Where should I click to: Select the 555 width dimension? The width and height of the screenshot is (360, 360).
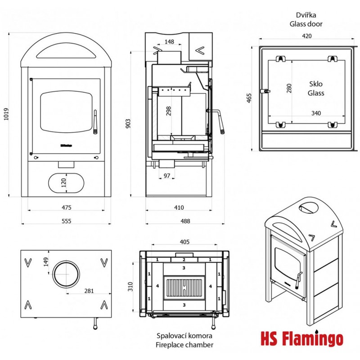pyautogui.click(x=67, y=221)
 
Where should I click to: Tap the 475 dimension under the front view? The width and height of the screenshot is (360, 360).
pyautogui.click(x=67, y=207)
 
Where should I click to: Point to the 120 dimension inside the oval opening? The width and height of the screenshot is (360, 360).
pyautogui.click(x=64, y=182)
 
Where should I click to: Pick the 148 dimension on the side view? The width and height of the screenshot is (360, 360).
pyautogui.click(x=169, y=42)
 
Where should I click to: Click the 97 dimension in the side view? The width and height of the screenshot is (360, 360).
pyautogui.click(x=167, y=175)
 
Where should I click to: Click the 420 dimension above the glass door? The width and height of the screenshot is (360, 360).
pyautogui.click(x=307, y=36)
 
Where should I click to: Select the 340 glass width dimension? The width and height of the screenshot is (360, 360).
pyautogui.click(x=316, y=113)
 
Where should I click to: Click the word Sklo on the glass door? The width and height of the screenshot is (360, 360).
pyautogui.click(x=316, y=84)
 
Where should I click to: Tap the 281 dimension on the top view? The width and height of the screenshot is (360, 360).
pyautogui.click(x=89, y=291)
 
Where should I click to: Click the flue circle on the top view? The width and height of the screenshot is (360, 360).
pyautogui.click(x=66, y=274)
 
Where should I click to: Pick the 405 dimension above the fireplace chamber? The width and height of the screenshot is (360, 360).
pyautogui.click(x=184, y=242)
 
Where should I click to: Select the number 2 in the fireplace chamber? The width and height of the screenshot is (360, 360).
pyautogui.click(x=184, y=260)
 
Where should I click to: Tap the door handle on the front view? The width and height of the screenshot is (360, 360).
pyautogui.click(x=95, y=121)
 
